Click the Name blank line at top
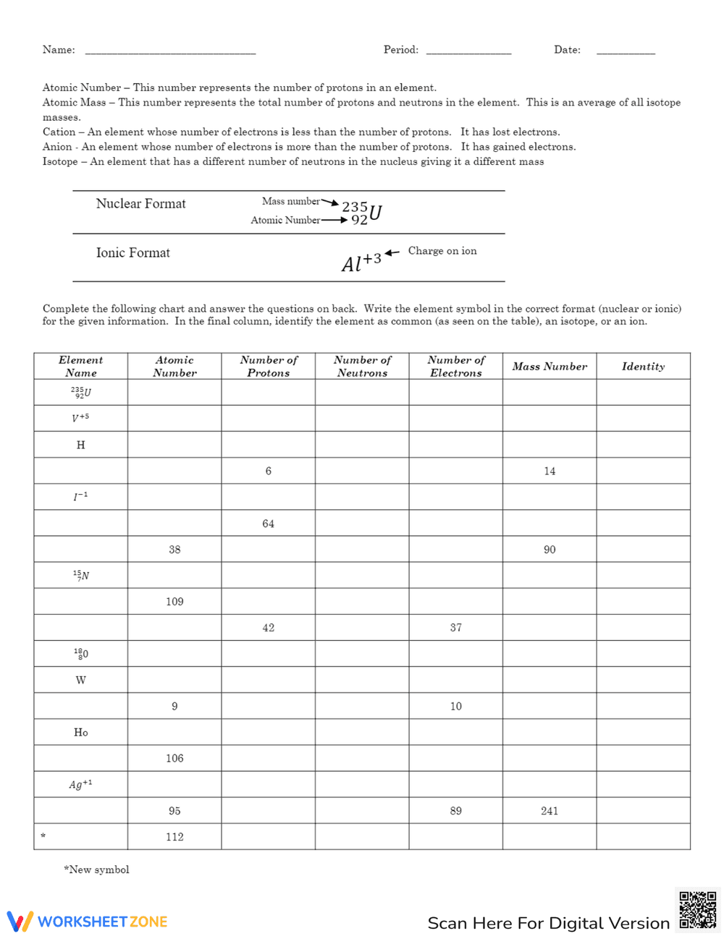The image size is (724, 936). click(x=170, y=51)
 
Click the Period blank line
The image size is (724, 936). click(x=468, y=51)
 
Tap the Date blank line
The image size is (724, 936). click(x=626, y=51)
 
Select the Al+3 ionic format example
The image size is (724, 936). click(x=361, y=262)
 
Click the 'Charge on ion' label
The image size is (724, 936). click(x=442, y=251)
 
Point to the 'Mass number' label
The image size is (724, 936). click(x=291, y=201)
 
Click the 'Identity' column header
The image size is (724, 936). click(x=643, y=367)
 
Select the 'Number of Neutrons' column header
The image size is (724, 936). click(x=362, y=367)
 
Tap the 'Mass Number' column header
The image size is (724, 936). click(x=550, y=367)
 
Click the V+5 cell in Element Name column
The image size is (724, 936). click(x=80, y=418)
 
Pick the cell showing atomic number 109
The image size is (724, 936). click(x=174, y=602)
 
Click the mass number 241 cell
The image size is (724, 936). click(x=550, y=811)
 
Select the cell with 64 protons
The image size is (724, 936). click(x=268, y=524)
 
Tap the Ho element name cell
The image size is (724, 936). click(x=80, y=733)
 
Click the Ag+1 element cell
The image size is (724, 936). click(x=80, y=785)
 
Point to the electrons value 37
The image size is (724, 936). click(x=455, y=628)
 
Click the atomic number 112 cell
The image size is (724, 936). click(x=174, y=837)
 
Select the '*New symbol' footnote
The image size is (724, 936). click(x=96, y=869)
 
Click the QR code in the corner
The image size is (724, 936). click(x=697, y=909)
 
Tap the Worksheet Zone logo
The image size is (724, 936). click(x=88, y=922)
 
